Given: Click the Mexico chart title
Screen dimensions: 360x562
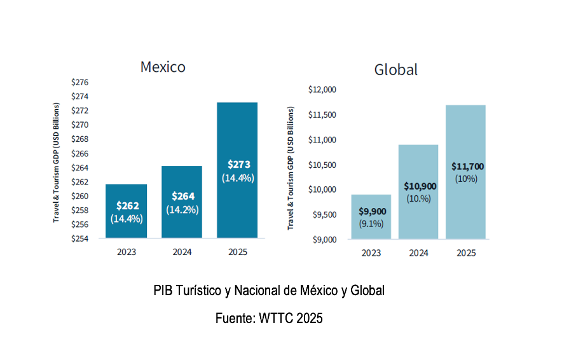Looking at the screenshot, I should pos(163,67).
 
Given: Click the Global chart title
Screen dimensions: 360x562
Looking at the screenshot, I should pos(395,69).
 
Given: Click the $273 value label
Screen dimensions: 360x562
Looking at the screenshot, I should pos(238,165).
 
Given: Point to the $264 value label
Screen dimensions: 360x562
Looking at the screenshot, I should pos(182,196).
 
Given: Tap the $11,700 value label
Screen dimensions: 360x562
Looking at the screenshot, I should pos(467,166).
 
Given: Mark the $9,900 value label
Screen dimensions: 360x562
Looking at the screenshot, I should pos(372,211).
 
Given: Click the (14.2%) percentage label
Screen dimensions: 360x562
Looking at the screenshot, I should pos(182,209).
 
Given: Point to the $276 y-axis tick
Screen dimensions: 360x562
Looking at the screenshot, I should pos(79,83).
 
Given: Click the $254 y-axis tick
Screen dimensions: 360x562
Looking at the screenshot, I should pos(79,239).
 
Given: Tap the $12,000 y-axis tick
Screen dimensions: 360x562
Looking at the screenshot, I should pos(322,90).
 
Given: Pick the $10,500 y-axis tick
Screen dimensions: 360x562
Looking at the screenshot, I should pos(322,165).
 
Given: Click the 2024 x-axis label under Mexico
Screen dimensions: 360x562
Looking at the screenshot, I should pos(182,252).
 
